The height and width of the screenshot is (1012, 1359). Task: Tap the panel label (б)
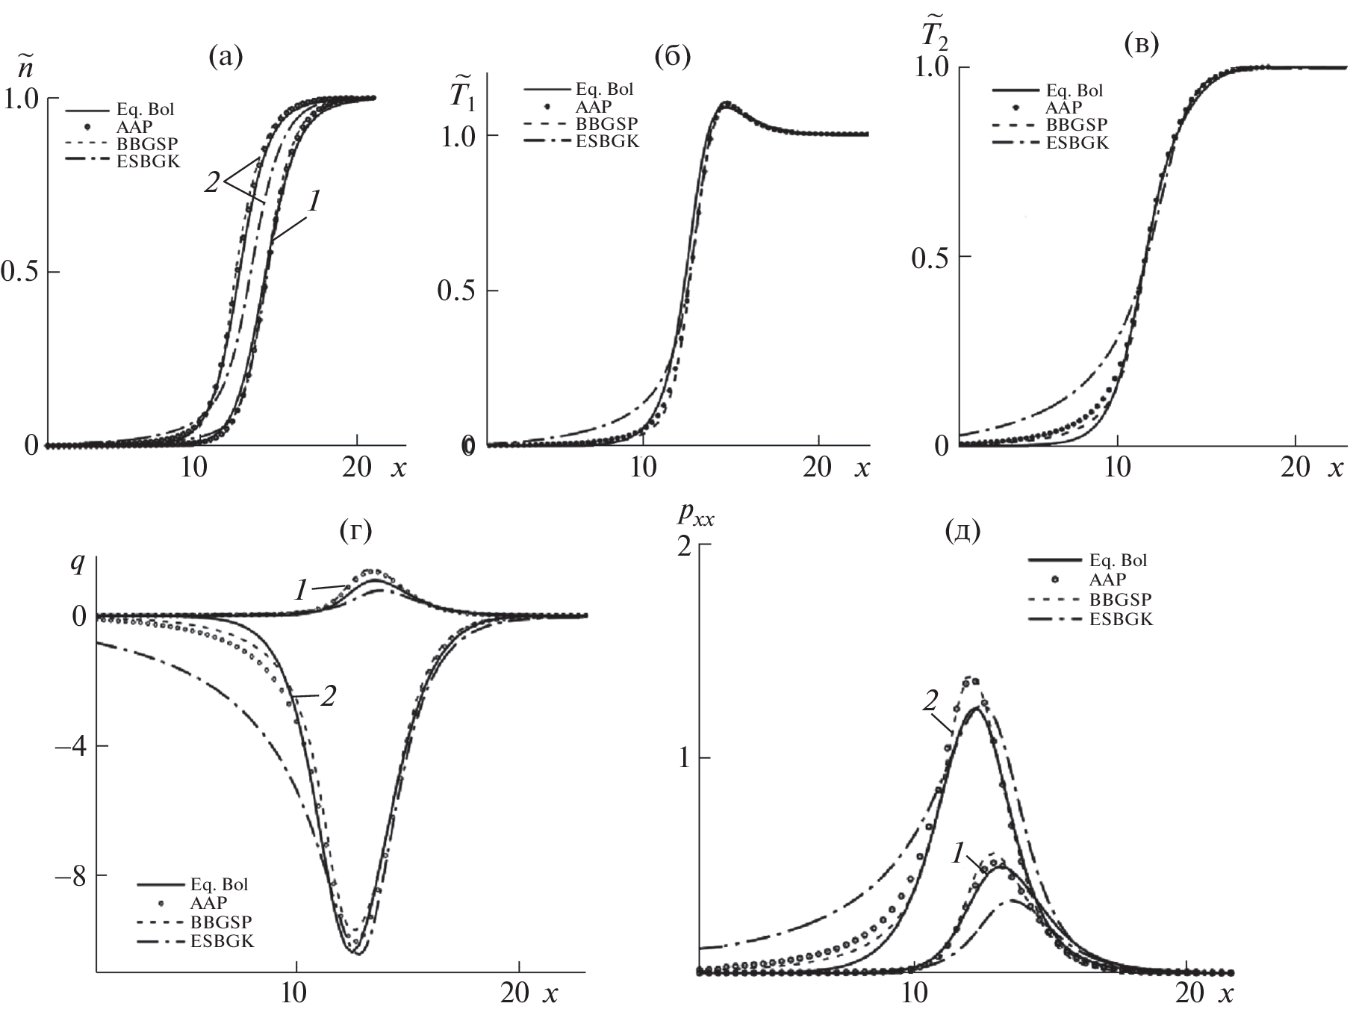pos(671,58)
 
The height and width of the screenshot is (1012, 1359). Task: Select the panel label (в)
pos(1141,45)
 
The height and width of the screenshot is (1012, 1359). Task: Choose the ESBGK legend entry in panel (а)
pos(149,161)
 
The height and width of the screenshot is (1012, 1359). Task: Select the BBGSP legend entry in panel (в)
pos(1076,125)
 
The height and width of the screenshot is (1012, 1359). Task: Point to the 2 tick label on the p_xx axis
pos(683,546)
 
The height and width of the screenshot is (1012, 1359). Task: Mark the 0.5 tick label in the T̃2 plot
pos(929,257)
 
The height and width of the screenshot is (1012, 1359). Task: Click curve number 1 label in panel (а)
pos(314,200)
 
